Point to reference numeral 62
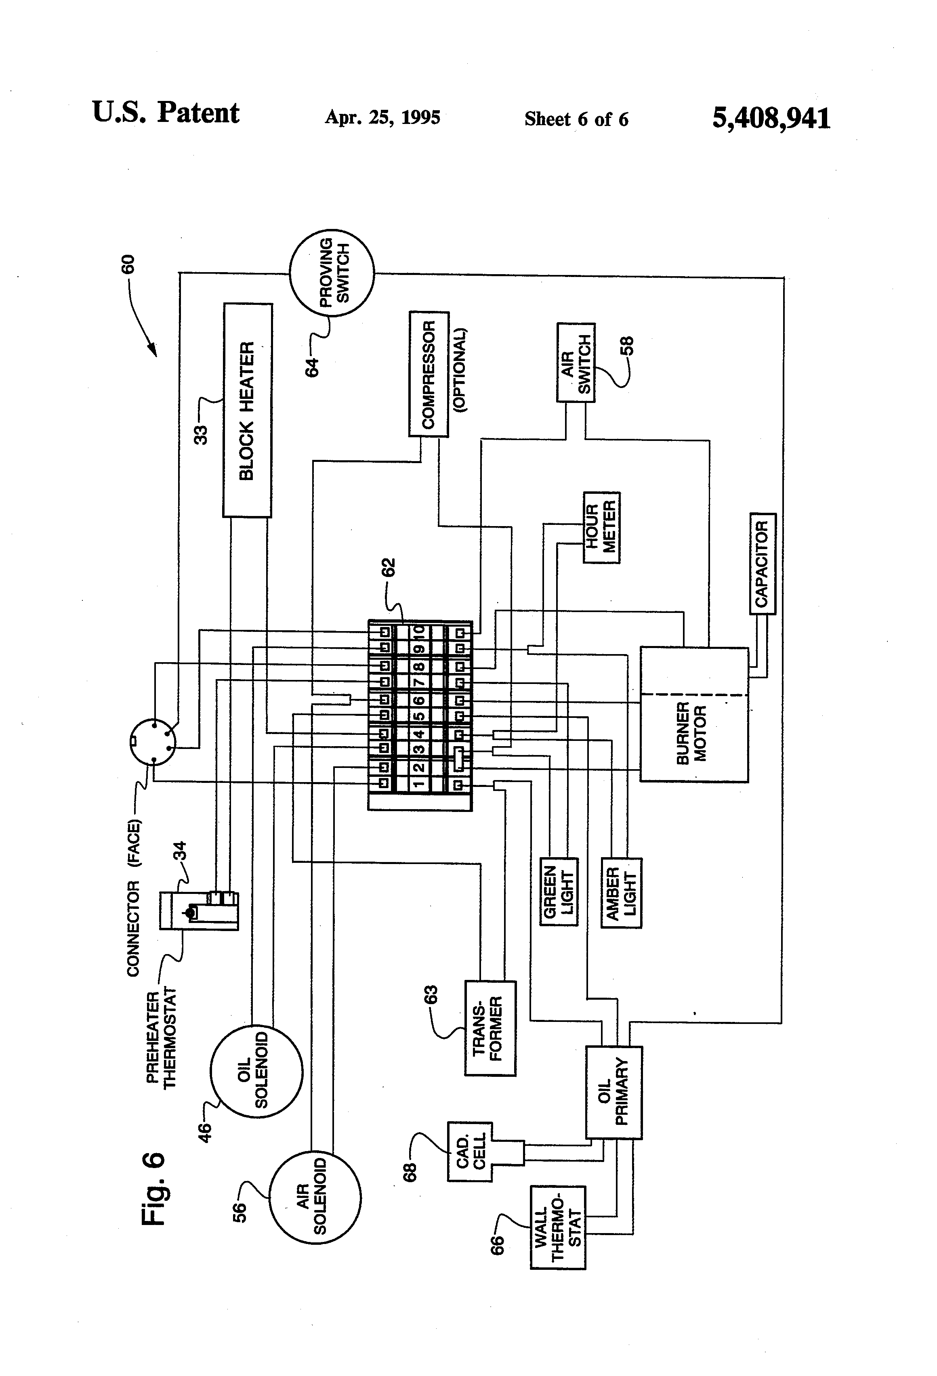click(388, 567)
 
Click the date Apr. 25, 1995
click(382, 118)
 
